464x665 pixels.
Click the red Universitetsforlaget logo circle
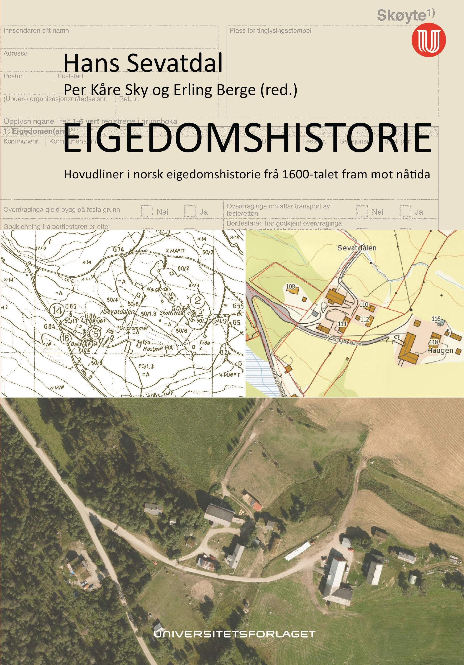tap(428, 40)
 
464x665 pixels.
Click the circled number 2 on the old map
tap(197, 300)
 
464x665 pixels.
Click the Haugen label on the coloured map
tap(440, 350)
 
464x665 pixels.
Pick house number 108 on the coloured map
tap(290, 286)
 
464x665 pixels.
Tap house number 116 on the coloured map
tap(436, 319)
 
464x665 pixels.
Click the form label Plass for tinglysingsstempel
tap(270, 31)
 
